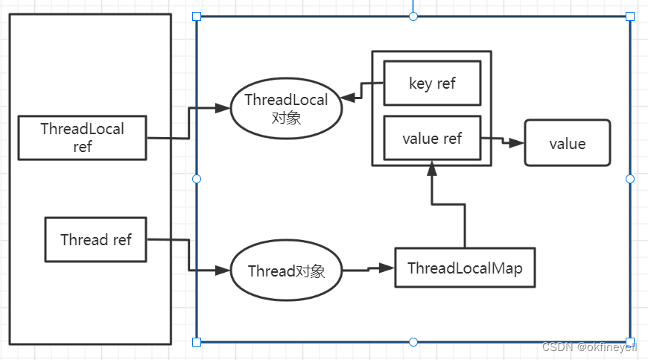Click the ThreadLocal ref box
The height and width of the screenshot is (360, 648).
pos(82,138)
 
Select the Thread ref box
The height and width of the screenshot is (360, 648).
pos(95,240)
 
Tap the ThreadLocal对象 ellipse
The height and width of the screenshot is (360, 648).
pos(286,109)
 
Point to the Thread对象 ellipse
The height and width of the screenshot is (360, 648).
pos(286,271)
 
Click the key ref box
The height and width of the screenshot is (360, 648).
pos(431,83)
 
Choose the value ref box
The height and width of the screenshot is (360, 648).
pos(431,139)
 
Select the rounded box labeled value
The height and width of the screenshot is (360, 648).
pos(567,143)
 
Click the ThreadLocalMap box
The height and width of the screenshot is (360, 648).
pos(465,268)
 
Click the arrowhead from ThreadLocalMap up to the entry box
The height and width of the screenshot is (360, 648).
pos(431,172)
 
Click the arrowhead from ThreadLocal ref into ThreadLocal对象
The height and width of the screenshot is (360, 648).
pos(223,109)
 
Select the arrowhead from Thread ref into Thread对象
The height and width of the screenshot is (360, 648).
pos(223,271)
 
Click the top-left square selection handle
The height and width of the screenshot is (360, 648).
pos(197,16)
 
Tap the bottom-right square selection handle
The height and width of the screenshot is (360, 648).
pos(630,341)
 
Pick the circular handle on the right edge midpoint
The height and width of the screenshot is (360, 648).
pos(630,179)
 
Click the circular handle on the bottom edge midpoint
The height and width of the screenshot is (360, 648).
pos(413,341)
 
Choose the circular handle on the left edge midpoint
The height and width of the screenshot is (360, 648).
pos(197,179)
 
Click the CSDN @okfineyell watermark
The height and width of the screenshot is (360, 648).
pos(589,347)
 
